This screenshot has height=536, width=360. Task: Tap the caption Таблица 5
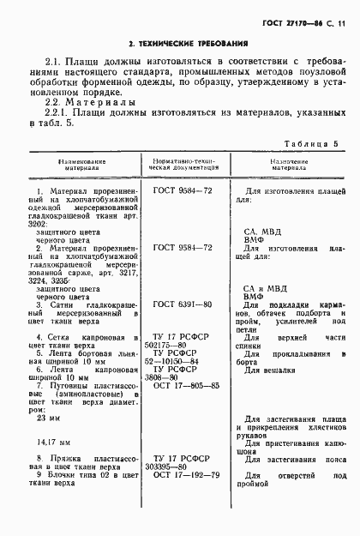312,144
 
